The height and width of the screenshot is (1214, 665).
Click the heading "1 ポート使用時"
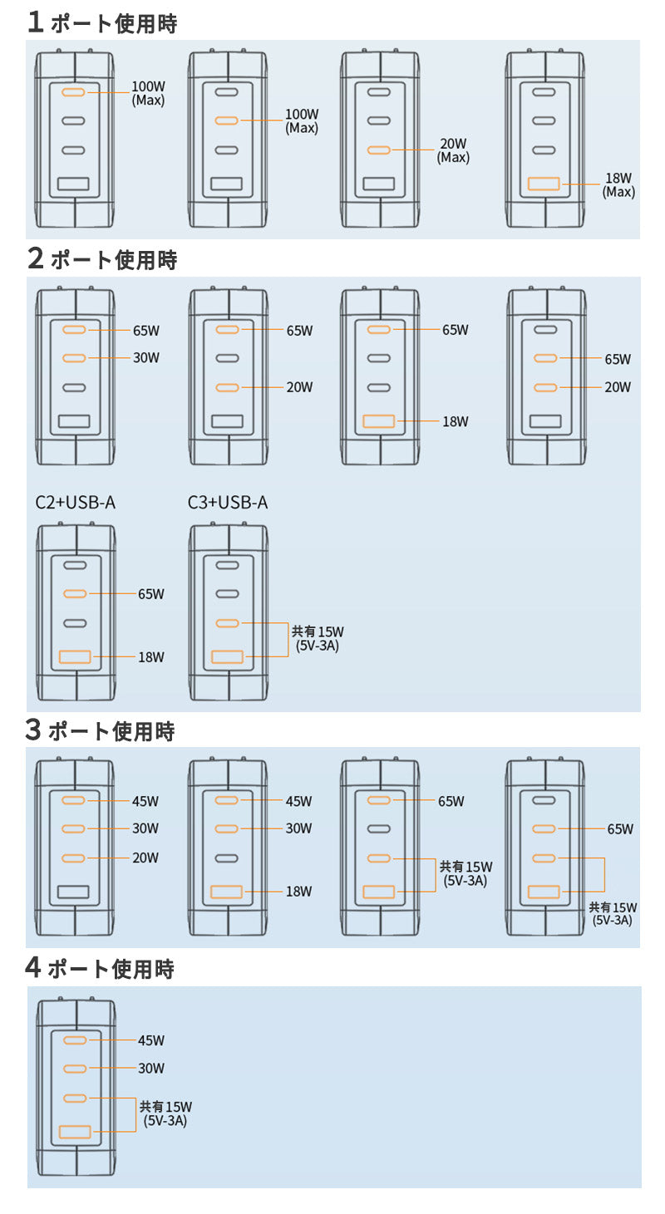point(101,22)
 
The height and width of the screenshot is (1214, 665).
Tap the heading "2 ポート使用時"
point(101,259)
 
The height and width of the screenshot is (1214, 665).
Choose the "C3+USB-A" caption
point(228,502)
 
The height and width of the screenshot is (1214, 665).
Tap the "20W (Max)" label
point(454,150)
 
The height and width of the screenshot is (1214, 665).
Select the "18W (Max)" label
point(618,184)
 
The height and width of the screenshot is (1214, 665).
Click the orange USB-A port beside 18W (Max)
point(544,184)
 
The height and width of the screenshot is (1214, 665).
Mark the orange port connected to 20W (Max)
point(379,150)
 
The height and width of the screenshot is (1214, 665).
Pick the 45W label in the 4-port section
point(151,1040)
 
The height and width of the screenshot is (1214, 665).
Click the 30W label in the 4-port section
point(151,1069)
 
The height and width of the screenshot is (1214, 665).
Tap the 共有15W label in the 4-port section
point(165,1113)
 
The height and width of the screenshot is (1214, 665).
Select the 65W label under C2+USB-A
point(151,594)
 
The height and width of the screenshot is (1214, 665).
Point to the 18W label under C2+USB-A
point(151,657)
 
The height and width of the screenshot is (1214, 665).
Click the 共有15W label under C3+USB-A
point(318,638)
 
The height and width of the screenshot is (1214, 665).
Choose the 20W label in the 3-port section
point(145,858)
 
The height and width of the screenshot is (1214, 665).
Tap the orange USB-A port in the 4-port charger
point(75,1132)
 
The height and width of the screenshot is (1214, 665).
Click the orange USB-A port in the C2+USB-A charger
point(75,657)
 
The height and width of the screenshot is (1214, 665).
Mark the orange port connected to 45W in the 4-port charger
point(75,1040)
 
